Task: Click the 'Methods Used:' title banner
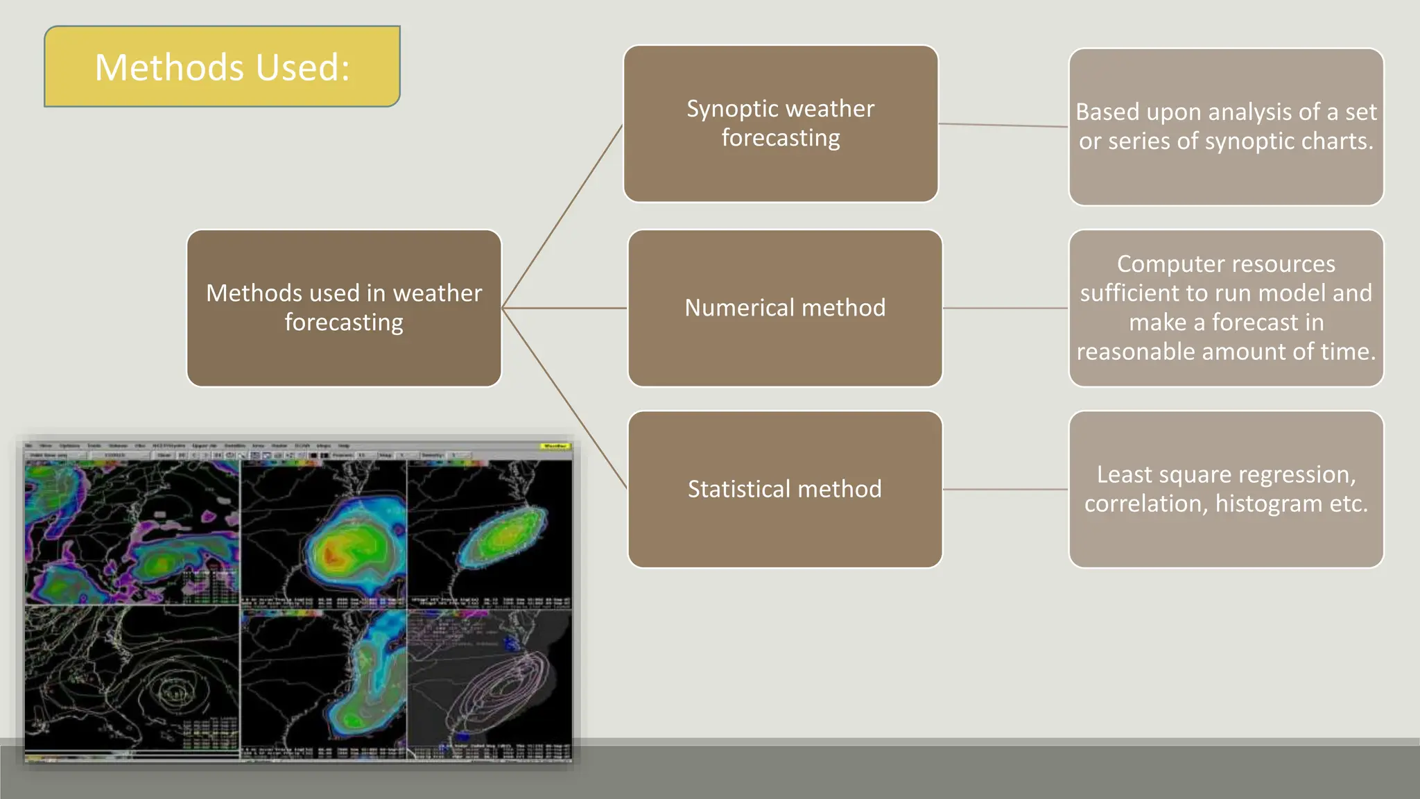coord(222,67)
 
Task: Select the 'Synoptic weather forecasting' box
coord(780,123)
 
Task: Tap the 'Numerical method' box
coord(784,308)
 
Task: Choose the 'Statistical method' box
coord(784,489)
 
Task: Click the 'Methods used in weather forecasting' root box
coord(344,308)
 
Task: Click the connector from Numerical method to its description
coord(1005,308)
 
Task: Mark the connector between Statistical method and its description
coord(1005,489)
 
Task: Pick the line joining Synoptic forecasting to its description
coord(1003,126)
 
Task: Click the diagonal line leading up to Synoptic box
coord(562,216)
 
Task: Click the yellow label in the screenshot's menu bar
coord(555,446)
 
